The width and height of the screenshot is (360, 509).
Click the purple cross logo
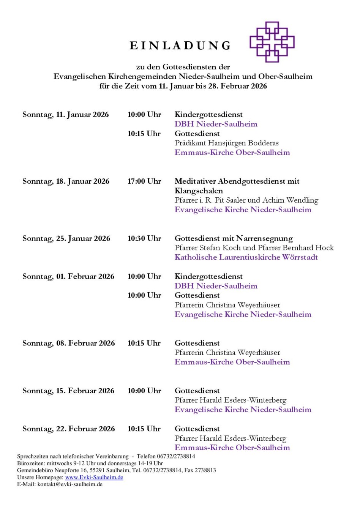(272, 42)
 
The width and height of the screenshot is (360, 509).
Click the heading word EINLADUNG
(180, 46)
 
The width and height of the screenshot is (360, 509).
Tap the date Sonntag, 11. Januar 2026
(66, 115)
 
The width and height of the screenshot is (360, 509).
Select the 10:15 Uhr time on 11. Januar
(144, 134)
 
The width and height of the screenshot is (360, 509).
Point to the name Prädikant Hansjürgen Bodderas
(227, 143)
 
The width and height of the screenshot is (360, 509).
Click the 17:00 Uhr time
(144, 181)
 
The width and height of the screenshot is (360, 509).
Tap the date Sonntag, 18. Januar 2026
(66, 181)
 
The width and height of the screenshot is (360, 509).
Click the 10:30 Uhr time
(144, 238)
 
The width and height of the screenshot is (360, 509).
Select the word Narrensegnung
(264, 238)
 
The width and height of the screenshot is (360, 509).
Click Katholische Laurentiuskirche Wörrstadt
(246, 257)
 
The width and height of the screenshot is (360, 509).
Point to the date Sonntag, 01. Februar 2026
(68, 276)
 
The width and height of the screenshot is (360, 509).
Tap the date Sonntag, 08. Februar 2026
(69, 343)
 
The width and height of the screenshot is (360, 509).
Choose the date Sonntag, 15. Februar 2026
(68, 391)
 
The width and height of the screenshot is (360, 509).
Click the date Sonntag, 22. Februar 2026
(69, 429)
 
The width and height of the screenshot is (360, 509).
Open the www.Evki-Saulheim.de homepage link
(94, 477)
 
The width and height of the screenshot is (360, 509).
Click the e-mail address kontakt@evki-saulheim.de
(70, 484)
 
